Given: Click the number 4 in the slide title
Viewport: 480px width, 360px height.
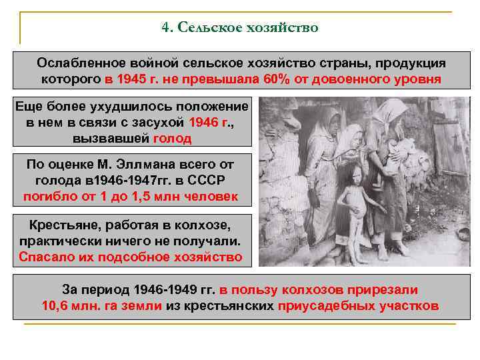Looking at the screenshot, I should [x=165, y=28].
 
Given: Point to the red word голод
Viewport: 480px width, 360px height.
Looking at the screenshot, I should [x=172, y=139].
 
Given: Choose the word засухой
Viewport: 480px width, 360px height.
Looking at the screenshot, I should [x=159, y=123].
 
